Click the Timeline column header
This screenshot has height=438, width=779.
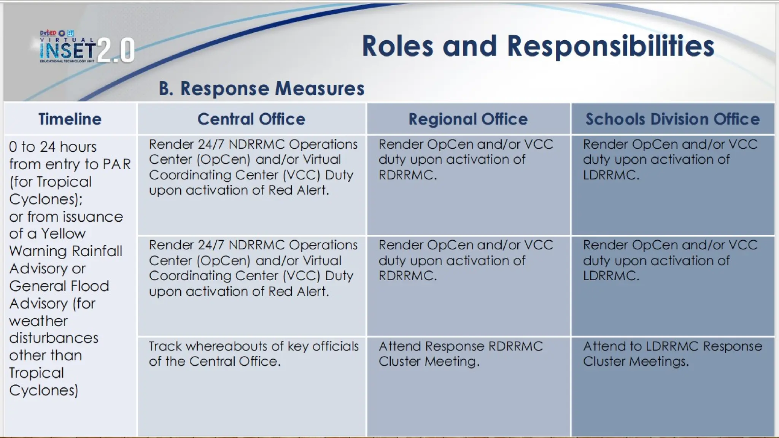click(x=70, y=119)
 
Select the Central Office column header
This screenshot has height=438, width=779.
click(x=251, y=119)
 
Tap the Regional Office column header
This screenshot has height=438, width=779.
click(x=468, y=119)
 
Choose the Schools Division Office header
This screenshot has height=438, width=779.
click(x=672, y=119)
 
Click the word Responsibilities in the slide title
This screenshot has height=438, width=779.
click(x=610, y=46)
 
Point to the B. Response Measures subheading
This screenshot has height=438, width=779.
click(x=261, y=88)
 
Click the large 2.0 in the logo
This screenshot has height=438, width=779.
click(x=116, y=50)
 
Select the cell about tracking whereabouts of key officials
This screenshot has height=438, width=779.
click(x=253, y=354)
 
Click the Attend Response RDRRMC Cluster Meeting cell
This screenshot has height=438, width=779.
click(x=460, y=354)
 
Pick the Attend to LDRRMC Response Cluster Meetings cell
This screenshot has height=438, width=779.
click(x=672, y=354)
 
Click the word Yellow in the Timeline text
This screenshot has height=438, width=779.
click(x=63, y=233)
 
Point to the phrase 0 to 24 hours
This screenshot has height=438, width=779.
click(x=52, y=147)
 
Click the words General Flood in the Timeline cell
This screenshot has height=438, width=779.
click(x=59, y=286)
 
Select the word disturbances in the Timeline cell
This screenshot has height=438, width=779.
click(x=54, y=338)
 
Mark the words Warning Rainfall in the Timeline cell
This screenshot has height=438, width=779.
click(x=65, y=251)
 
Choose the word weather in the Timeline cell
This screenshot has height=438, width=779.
click(x=38, y=321)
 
